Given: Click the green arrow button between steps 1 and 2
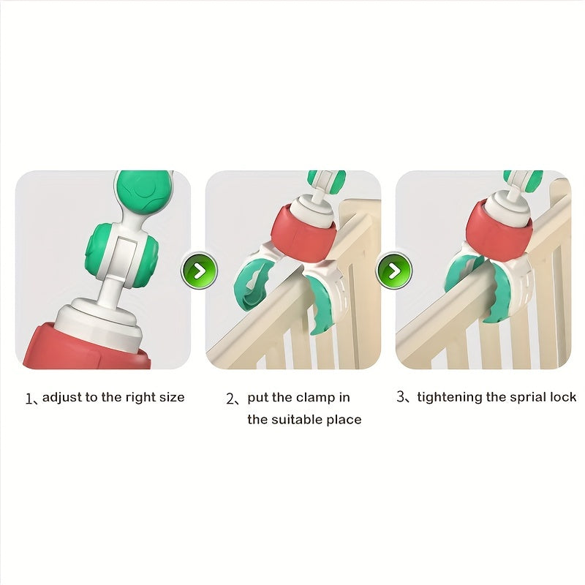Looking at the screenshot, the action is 199,270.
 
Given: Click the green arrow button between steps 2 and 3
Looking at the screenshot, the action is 394,270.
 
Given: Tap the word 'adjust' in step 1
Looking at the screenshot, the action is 62,398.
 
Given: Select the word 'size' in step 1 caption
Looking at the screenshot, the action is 172,397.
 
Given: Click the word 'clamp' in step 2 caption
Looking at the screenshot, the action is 317,398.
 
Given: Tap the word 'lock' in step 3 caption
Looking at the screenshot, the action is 563,397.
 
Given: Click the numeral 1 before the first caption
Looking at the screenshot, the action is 29,399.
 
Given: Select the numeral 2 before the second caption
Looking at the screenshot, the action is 230,399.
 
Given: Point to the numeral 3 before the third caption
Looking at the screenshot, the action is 401,396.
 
